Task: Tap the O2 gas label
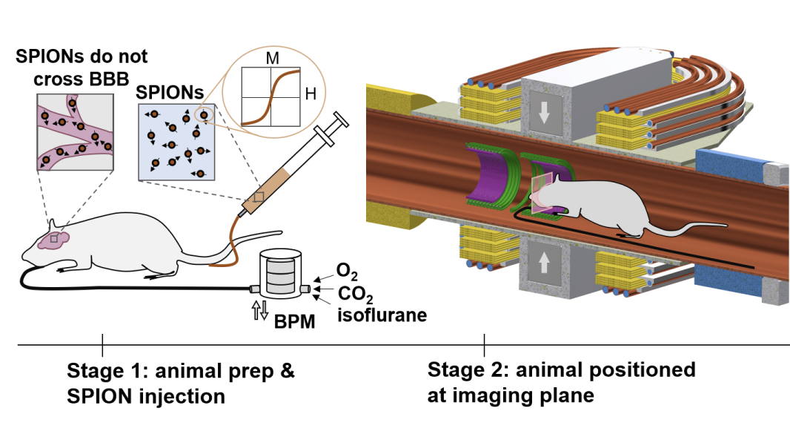tap(346, 269)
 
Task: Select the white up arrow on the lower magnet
tap(545, 262)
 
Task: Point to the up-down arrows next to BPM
tap(259, 311)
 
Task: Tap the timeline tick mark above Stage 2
tap(485, 345)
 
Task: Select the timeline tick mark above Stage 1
tap(102, 345)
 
